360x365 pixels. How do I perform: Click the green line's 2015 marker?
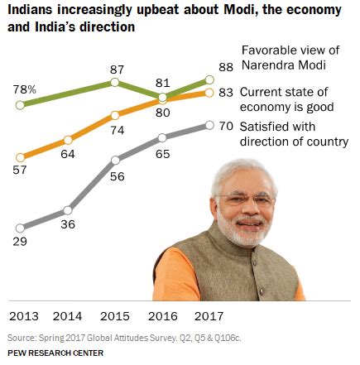click(114, 82)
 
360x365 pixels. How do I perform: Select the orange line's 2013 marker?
click(20, 157)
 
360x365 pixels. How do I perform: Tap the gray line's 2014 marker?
click(68, 210)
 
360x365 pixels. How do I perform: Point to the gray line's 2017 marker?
click(209, 125)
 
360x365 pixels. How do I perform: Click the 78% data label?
click(25, 89)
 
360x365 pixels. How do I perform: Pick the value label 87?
click(117, 70)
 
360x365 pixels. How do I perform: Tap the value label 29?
click(20, 242)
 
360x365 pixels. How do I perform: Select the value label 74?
click(118, 130)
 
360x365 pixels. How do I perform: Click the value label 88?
click(226, 67)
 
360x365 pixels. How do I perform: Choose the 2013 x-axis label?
click(24, 316)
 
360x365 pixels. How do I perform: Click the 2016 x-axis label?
click(162, 316)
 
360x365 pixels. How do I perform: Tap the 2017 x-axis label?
click(209, 316)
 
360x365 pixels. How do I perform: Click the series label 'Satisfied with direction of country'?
click(294, 134)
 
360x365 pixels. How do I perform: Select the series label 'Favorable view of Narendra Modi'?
click(290, 58)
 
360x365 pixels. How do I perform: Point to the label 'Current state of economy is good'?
click(286, 99)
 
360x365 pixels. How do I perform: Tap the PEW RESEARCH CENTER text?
click(55, 353)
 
